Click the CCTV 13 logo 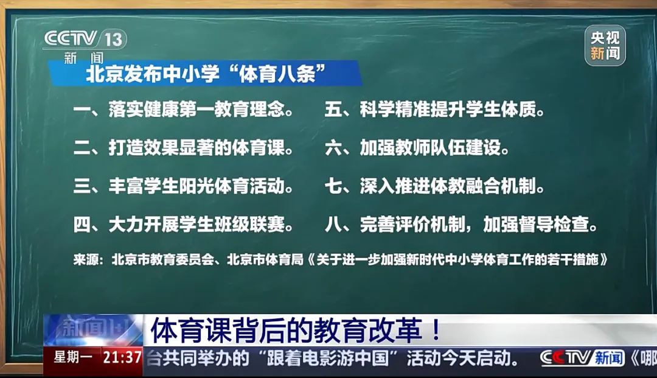[85, 45]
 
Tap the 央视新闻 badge [605, 46]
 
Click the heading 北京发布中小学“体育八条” [206, 74]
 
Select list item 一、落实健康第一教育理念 [184, 110]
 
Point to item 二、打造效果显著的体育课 [184, 148]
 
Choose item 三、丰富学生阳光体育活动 [184, 186]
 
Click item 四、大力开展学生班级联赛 [184, 225]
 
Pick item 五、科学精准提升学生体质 [434, 110]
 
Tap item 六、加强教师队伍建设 [417, 148]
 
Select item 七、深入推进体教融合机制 [434, 186]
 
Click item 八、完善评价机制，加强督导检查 [461, 225]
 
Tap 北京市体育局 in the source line [265, 260]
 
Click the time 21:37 [122, 357]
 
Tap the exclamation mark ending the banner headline [436, 331]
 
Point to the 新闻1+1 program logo [93, 330]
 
